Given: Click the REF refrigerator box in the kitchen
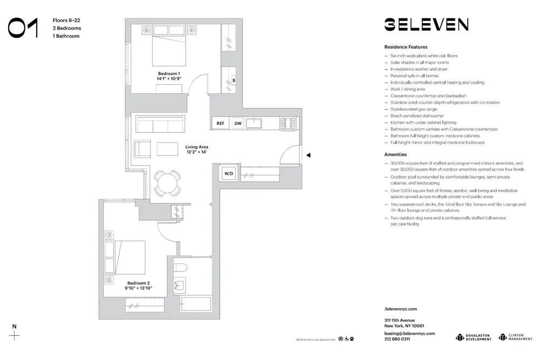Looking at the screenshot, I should pos(220,124).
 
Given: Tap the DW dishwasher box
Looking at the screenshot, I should pos(238,124).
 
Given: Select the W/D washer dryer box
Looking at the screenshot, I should pos(228,174).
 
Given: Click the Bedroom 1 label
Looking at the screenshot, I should pos(168,76).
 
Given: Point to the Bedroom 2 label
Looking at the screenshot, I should pos(138,286).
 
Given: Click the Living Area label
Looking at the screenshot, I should pos(197,150).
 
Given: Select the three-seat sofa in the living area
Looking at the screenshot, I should pos(160,125).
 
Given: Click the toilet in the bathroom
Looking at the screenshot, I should pos(181,267).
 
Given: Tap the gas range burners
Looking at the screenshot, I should pos(288,124).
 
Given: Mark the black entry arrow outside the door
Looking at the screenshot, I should pos(308,155).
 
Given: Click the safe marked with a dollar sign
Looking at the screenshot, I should pos(233,80).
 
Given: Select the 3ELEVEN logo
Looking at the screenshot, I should pos(426,24).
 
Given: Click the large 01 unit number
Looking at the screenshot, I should pos(23,28).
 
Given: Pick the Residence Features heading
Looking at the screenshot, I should pos(406,47).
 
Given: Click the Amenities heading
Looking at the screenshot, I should pos(395,154).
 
